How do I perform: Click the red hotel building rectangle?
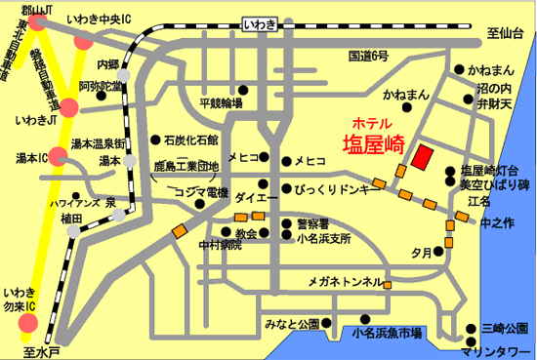pyautogui.click(x=424, y=157)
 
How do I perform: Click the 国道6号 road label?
pyautogui.click(x=368, y=57)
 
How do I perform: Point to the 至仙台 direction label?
pyautogui.click(x=508, y=32)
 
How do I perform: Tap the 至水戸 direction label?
pyautogui.click(x=43, y=346)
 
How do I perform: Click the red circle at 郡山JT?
pyautogui.click(x=38, y=21)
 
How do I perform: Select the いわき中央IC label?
pyautogui.click(x=106, y=19)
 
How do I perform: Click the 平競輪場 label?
pyautogui.click(x=220, y=102)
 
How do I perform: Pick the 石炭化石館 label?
pyautogui.click(x=191, y=140)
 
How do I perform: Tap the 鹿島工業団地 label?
pyautogui.click(x=194, y=168)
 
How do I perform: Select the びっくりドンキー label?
pyautogui.click(x=335, y=188)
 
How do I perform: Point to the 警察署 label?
pyautogui.click(x=314, y=221)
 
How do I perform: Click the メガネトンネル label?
pyautogui.click(x=345, y=282)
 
